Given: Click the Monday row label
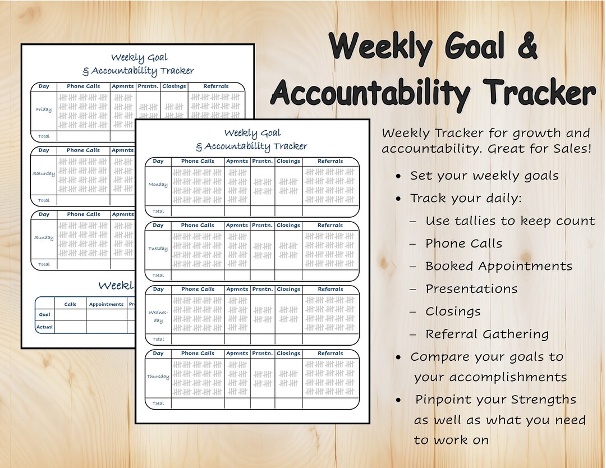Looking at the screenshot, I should tap(158, 184).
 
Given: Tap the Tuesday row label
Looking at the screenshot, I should tap(158, 249).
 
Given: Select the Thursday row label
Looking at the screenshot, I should tap(158, 377).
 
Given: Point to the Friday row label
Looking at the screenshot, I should tap(44, 109).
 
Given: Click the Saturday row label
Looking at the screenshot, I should tap(44, 173).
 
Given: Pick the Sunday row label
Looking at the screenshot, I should tap(44, 237).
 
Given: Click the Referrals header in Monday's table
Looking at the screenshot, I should tap(330, 161).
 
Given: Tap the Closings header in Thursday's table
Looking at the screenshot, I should tap(288, 354).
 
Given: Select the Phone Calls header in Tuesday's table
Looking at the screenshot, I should tap(198, 225).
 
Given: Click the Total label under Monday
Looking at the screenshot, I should tap(158, 211).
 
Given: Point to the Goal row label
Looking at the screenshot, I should tap(44, 315).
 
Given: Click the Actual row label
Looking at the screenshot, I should tap(44, 327).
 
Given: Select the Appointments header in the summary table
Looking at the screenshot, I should tap(106, 304).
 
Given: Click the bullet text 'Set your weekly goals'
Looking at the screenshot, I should tap(484, 176).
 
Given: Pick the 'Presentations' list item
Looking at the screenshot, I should tap(471, 289).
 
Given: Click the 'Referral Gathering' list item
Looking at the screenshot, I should tap(487, 334).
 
